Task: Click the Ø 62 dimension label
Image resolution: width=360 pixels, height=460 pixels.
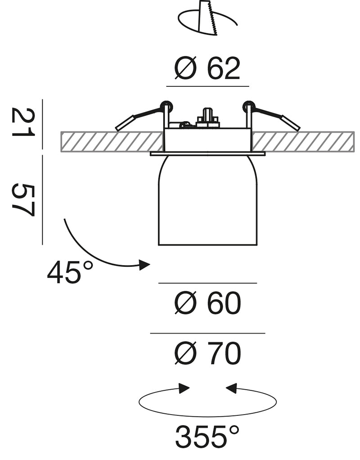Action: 207,68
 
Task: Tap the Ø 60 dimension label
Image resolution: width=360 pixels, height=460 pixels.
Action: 208,303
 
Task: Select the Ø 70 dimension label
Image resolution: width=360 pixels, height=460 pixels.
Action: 208,353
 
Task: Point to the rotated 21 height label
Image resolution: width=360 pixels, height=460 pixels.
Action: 23,122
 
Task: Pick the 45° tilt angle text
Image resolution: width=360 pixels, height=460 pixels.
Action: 70,272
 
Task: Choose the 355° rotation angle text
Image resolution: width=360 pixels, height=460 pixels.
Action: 207,437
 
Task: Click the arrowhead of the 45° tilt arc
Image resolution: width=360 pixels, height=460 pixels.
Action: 144,265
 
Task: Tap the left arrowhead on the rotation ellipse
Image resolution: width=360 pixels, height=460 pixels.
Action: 184,388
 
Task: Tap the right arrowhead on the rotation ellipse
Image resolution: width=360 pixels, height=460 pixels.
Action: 231,388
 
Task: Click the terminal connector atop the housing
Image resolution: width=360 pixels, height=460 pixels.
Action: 208,118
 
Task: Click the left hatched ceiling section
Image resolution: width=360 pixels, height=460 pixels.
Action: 112,142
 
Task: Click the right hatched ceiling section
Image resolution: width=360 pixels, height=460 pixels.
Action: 303,142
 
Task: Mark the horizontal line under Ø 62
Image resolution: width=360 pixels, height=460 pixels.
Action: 208,86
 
